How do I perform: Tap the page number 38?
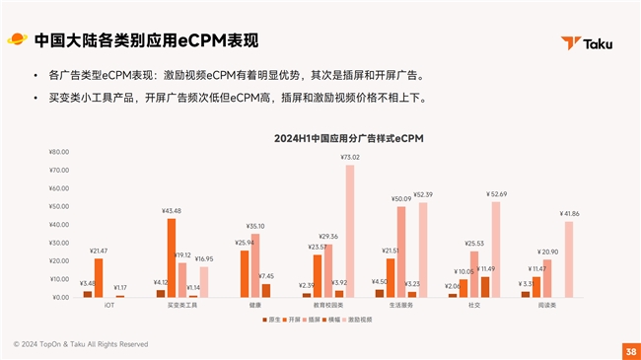(x=630, y=351)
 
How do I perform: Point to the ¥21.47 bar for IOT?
(x=98, y=277)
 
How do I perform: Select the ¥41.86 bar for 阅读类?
(x=569, y=258)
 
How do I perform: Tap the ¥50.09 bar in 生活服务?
(x=401, y=251)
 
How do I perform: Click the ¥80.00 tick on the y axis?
(x=58, y=152)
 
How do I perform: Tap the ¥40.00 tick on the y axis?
(x=58, y=225)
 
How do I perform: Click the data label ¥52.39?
(x=423, y=194)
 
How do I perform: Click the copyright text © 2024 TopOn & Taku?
(x=80, y=344)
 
